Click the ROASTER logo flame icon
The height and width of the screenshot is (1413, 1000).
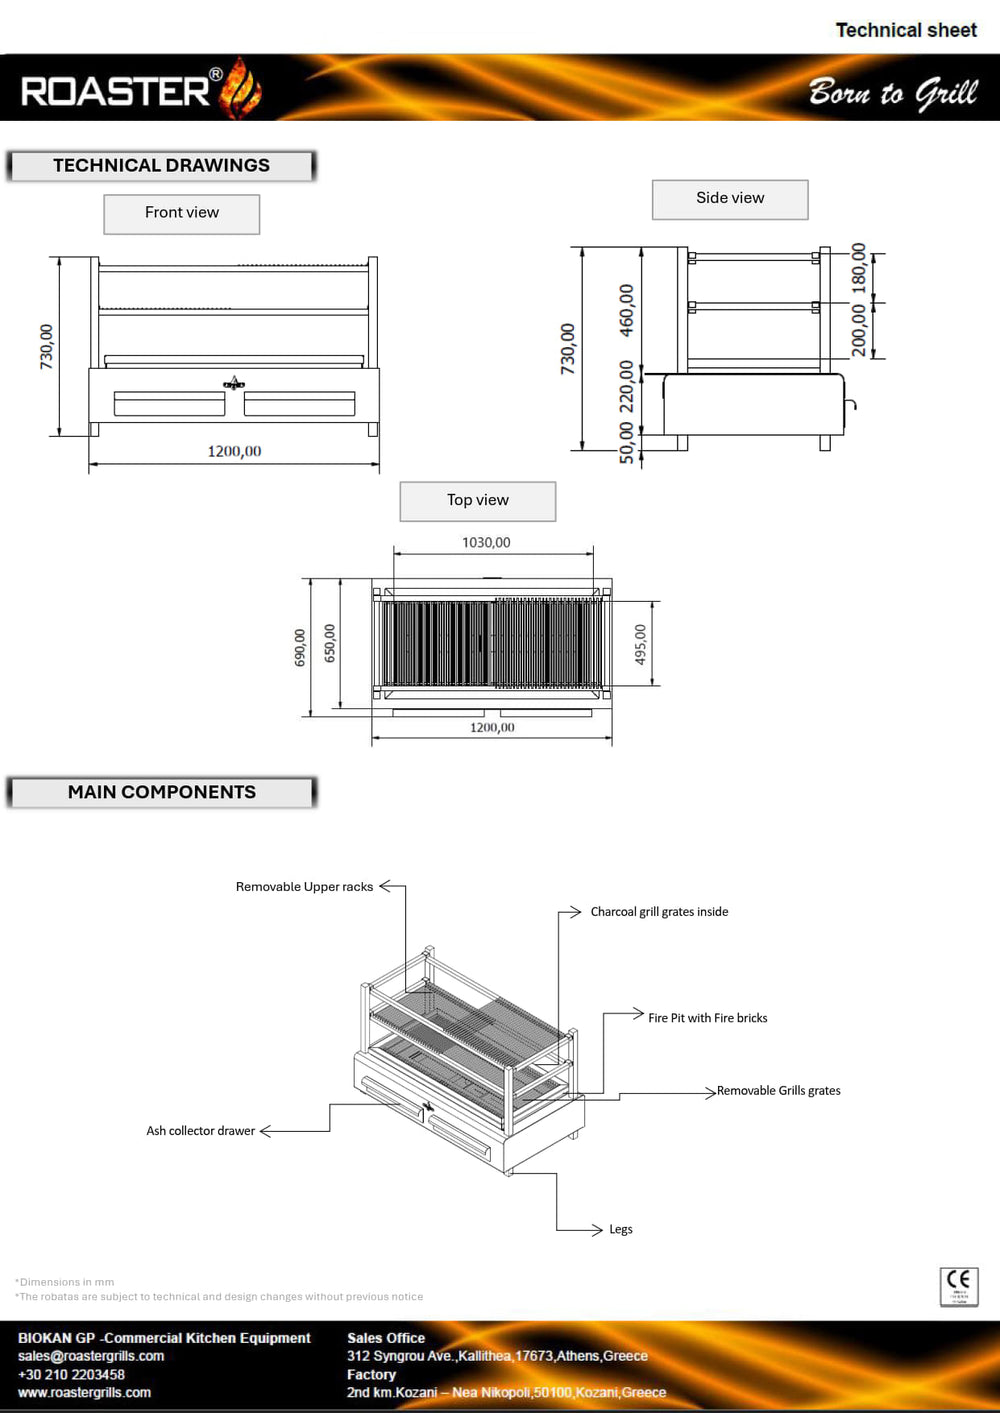(x=241, y=88)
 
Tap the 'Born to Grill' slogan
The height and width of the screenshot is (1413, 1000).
(x=892, y=92)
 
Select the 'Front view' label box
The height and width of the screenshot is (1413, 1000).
(x=182, y=213)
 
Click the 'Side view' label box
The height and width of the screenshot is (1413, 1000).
(x=730, y=199)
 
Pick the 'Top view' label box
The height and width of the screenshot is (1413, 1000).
(x=478, y=501)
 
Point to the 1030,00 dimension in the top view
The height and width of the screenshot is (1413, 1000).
(x=486, y=543)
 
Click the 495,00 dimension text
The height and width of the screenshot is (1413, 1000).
(x=641, y=645)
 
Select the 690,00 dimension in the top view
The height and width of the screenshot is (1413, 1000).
(x=300, y=648)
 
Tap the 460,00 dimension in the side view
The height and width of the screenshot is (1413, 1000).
(x=626, y=309)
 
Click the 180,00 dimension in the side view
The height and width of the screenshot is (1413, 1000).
(x=859, y=267)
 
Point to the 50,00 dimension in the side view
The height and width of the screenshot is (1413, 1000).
(x=626, y=442)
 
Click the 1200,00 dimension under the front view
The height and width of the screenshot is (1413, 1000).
(x=234, y=452)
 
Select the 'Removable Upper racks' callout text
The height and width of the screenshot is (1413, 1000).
(x=304, y=887)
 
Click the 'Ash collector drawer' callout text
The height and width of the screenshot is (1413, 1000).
(x=201, y=1131)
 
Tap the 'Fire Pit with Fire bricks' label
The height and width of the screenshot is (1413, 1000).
(x=708, y=1018)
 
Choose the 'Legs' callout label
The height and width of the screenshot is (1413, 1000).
(x=621, y=1230)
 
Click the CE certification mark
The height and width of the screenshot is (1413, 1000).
(x=959, y=1286)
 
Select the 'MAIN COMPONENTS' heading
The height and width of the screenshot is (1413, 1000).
(x=162, y=792)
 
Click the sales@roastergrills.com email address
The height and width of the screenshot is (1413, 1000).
(x=91, y=1356)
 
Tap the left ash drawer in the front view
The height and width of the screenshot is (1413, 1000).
(x=169, y=404)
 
